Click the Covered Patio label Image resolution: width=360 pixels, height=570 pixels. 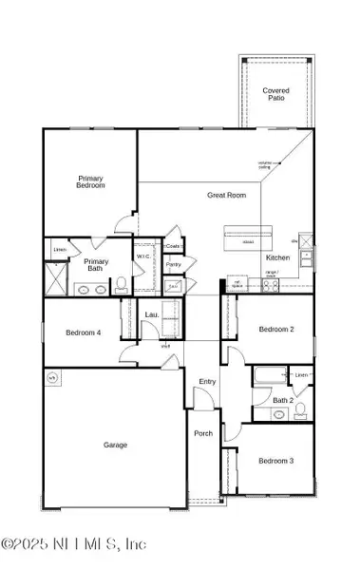pyautogui.click(x=276, y=95)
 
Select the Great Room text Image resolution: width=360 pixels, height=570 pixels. pyautogui.click(x=227, y=195)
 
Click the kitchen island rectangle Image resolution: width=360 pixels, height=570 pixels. pyautogui.click(x=247, y=234)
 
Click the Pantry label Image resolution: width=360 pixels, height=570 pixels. pyautogui.click(x=173, y=265)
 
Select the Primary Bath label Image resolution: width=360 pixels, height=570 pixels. pyautogui.click(x=96, y=265)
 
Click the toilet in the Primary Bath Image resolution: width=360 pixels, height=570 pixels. pyautogui.click(x=122, y=283)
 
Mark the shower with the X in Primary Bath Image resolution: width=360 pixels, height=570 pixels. pyautogui.click(x=53, y=281)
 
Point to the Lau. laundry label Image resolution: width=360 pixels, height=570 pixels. pyautogui.click(x=151, y=314)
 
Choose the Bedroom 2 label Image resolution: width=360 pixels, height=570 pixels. pyautogui.click(x=276, y=329)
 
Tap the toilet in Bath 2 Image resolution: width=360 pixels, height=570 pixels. pyautogui.click(x=300, y=411)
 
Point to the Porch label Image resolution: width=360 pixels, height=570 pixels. pyautogui.click(x=203, y=434)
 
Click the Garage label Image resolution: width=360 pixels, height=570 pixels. pyautogui.click(x=115, y=444)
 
